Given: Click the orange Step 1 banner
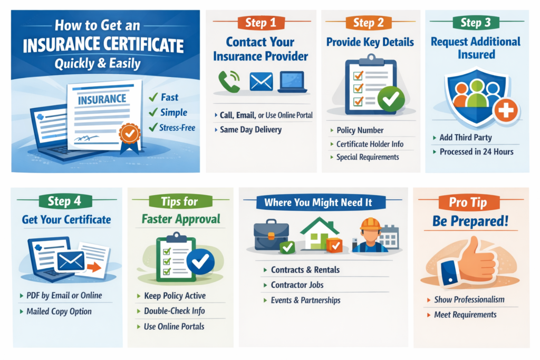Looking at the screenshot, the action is pyautogui.click(x=261, y=23).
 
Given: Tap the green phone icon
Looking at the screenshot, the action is pyautogui.click(x=229, y=82).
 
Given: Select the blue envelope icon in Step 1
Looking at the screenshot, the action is pyautogui.click(x=262, y=82).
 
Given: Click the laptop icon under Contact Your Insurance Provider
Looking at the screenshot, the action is pyautogui.click(x=292, y=82).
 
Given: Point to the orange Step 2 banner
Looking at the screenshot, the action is pyautogui.click(x=369, y=23).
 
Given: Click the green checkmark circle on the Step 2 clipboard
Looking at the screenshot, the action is pyautogui.click(x=391, y=99).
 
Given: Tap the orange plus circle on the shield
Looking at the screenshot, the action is pyautogui.click(x=506, y=111).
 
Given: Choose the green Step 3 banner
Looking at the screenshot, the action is pyautogui.click(x=476, y=23).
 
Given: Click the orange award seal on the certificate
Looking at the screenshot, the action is pyautogui.click(x=130, y=133).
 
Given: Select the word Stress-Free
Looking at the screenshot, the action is pyautogui.click(x=177, y=128).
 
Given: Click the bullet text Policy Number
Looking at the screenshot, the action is pyautogui.click(x=360, y=130).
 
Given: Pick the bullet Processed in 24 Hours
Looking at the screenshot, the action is pyautogui.click(x=476, y=152).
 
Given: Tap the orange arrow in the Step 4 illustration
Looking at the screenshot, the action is pyautogui.click(x=94, y=267).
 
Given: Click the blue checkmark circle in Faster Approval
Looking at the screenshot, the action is pyautogui.click(x=200, y=261).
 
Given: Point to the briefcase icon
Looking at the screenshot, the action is pyautogui.click(x=271, y=235).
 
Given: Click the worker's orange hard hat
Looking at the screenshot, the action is pyautogui.click(x=370, y=224).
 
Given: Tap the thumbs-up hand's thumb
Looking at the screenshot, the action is pyautogui.click(x=475, y=247).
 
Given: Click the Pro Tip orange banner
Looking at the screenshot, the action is pyautogui.click(x=469, y=202).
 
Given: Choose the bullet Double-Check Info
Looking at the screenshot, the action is pyautogui.click(x=174, y=311).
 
